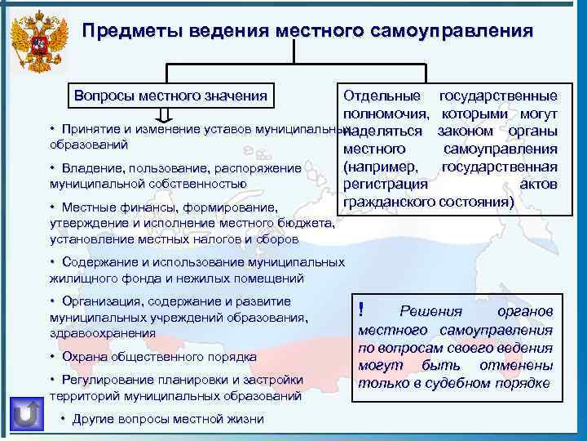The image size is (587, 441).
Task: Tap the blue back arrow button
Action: click(x=26, y=412)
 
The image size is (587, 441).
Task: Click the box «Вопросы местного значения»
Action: click(x=170, y=95)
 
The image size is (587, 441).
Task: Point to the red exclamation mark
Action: click(x=360, y=310)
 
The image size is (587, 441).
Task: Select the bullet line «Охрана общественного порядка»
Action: click(x=153, y=357)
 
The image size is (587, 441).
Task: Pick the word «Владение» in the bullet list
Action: click(x=86, y=168)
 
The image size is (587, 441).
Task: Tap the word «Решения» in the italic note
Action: click(x=430, y=312)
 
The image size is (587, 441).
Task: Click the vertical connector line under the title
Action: click(x=293, y=51)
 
